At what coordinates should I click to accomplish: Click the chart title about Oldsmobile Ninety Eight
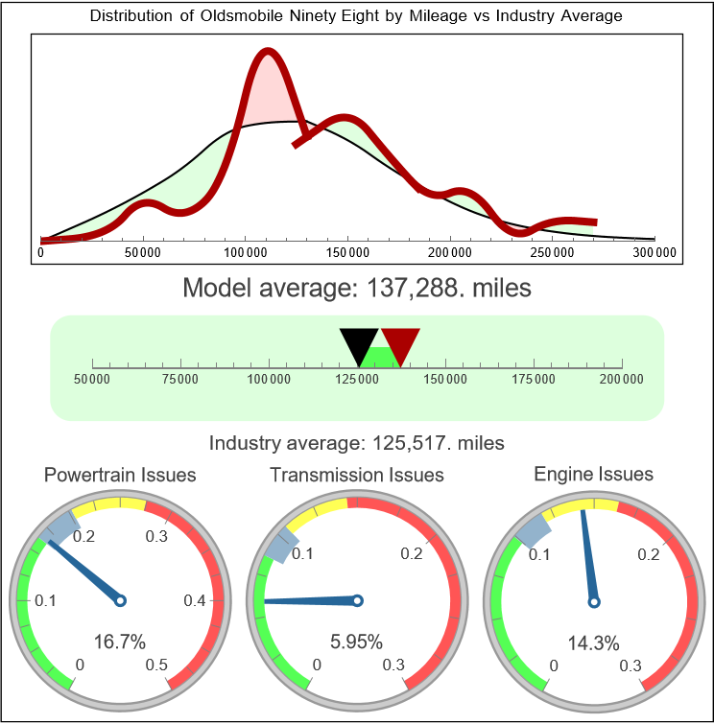click(x=356, y=15)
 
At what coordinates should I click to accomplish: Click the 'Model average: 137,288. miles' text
click(x=356, y=288)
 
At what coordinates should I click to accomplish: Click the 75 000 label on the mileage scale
click(x=180, y=380)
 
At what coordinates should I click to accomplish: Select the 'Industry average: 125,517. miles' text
click(x=356, y=443)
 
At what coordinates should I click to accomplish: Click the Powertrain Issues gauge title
click(x=120, y=475)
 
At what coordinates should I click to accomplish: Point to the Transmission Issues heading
click(x=357, y=475)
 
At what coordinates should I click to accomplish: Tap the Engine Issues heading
click(x=593, y=474)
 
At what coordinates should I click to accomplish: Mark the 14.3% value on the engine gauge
click(x=593, y=642)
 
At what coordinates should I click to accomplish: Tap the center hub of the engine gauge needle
click(x=594, y=601)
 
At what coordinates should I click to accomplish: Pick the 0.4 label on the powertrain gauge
click(x=196, y=601)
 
